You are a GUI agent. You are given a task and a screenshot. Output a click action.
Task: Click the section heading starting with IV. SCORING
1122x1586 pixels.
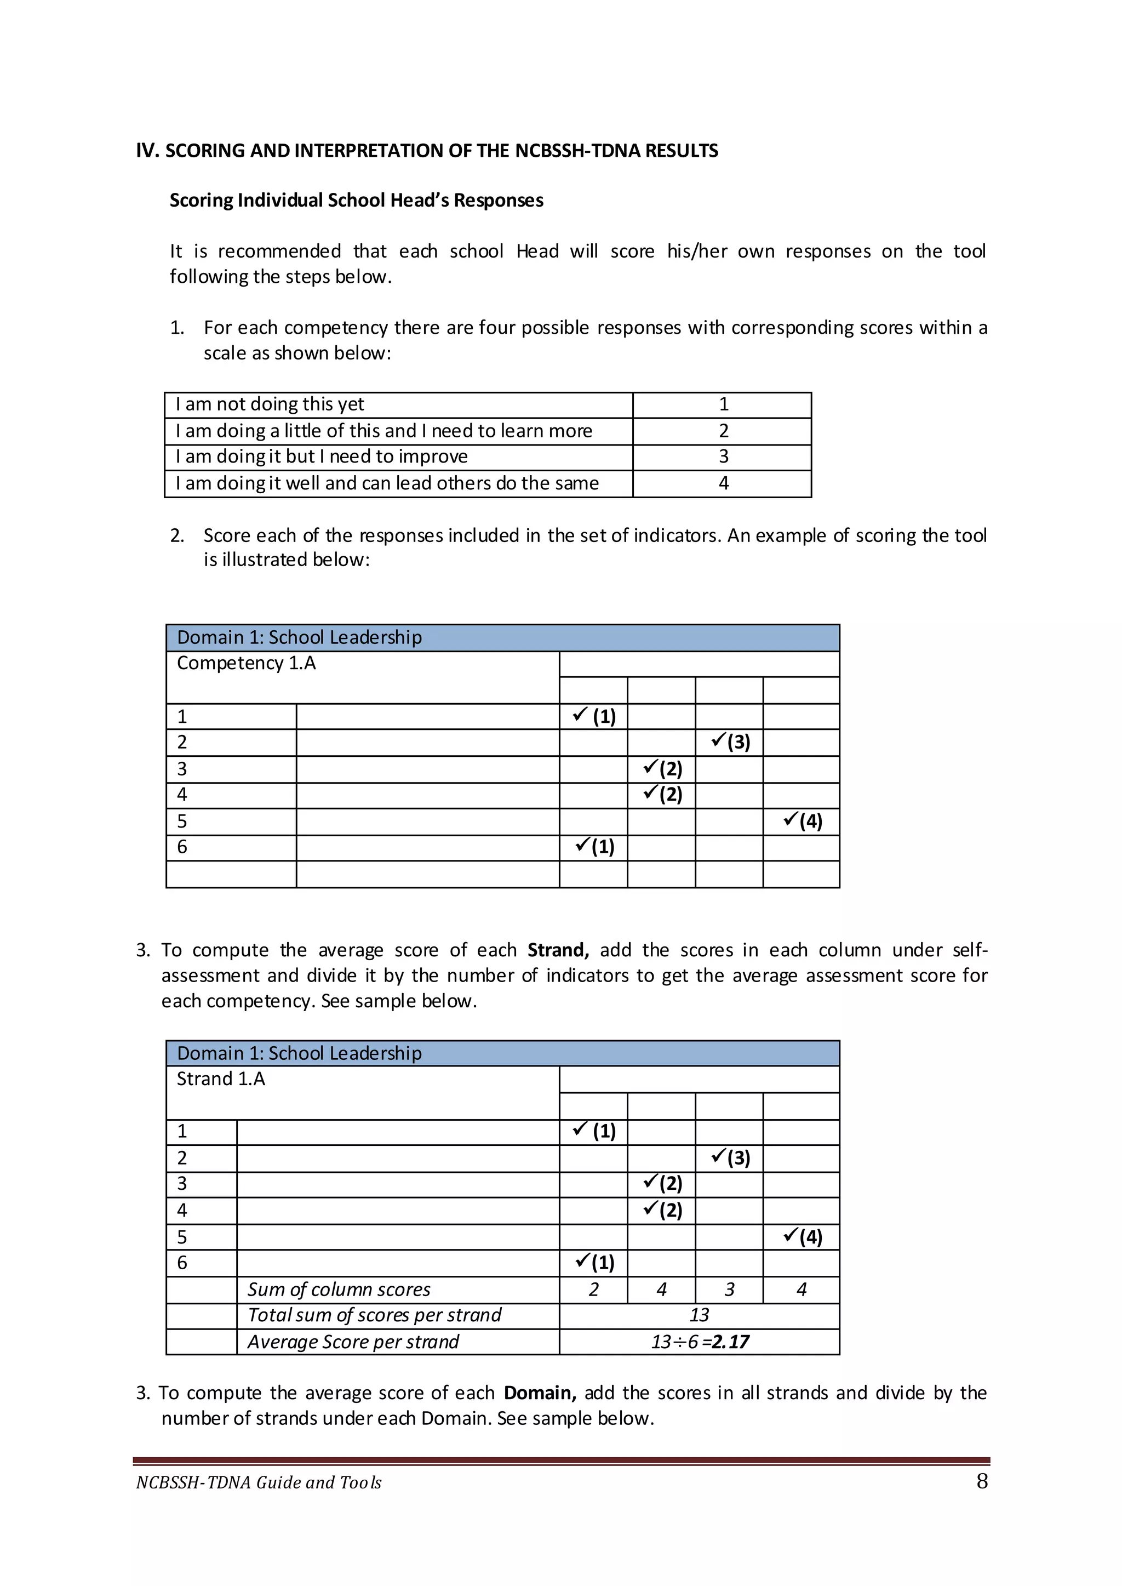[427, 151]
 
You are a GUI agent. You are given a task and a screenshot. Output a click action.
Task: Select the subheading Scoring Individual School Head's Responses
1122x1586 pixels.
[357, 201]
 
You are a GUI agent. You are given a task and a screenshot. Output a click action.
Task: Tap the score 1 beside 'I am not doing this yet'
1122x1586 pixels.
[723, 404]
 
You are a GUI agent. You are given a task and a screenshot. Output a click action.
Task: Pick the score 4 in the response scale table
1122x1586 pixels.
[723, 483]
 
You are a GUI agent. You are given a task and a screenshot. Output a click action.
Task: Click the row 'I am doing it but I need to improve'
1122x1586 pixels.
[321, 457]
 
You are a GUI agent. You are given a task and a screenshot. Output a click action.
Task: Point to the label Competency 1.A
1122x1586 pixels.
[246, 664]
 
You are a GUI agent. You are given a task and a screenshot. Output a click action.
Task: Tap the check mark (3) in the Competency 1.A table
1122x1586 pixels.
[730, 742]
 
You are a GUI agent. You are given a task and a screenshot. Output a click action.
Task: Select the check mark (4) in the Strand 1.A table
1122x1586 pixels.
[802, 1237]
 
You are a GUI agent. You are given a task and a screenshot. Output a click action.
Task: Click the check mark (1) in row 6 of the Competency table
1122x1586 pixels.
[595, 847]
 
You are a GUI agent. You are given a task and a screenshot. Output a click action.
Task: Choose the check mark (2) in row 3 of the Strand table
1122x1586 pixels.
[662, 1183]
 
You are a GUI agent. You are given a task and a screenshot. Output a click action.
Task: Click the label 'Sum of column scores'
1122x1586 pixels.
[339, 1290]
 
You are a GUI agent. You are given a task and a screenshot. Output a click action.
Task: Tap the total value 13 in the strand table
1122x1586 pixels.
[699, 1315]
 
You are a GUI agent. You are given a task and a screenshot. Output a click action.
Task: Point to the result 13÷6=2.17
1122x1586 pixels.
[699, 1342]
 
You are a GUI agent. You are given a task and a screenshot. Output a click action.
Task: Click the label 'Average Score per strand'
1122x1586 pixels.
[353, 1342]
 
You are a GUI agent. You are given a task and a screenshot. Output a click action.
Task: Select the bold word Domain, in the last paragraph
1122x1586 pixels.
[540, 1393]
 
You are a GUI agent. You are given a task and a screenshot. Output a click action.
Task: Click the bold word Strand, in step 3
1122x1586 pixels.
[558, 950]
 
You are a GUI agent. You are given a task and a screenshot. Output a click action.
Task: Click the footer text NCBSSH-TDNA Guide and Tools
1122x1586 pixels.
[259, 1482]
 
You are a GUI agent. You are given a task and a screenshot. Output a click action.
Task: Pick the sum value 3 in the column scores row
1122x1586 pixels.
[730, 1290]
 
